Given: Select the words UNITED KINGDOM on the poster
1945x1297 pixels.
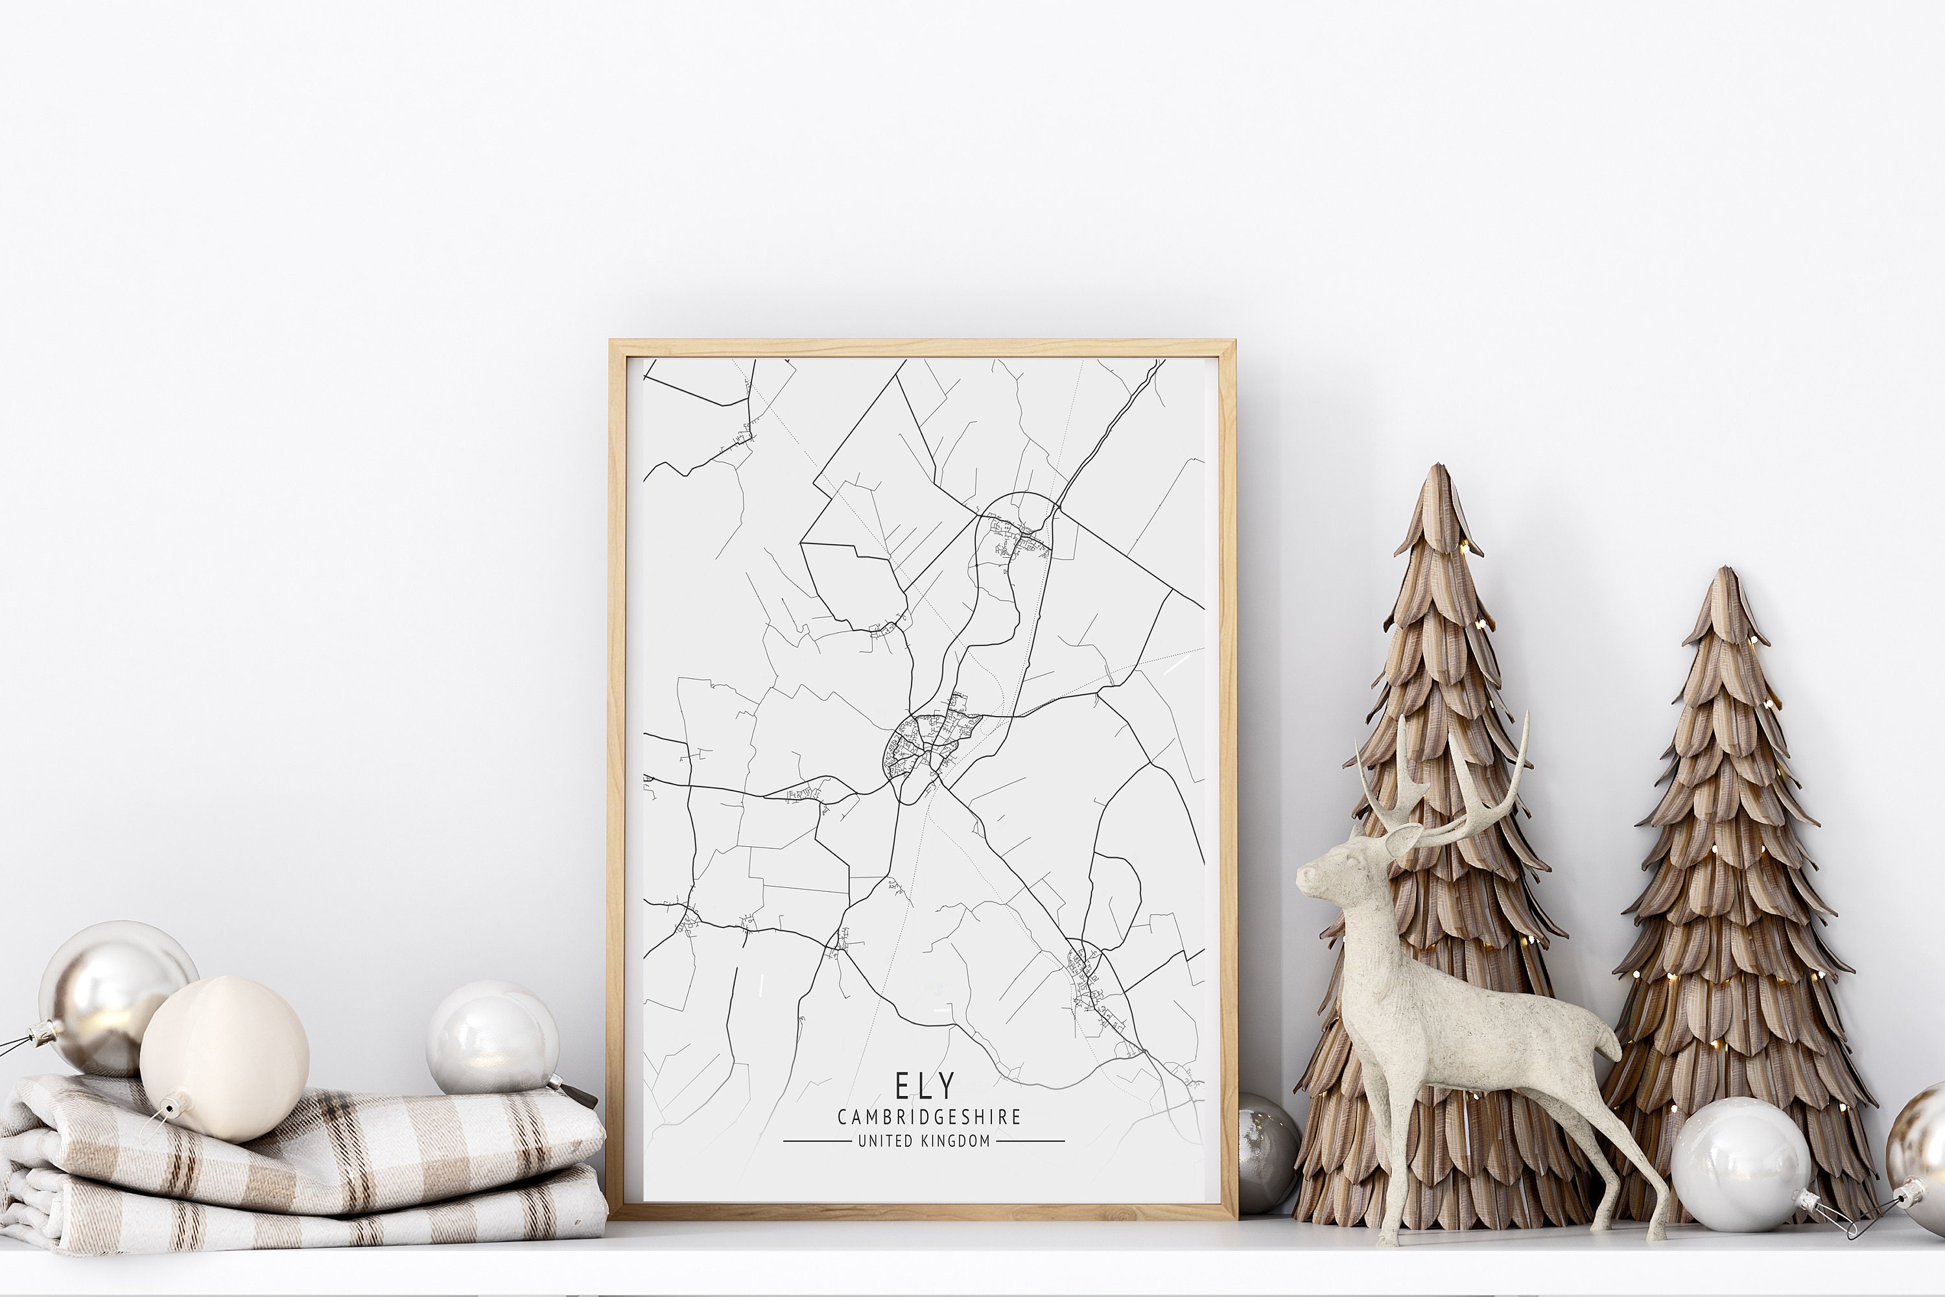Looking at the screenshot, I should (x=924, y=1141).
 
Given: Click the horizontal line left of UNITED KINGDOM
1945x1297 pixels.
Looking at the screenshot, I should (x=816, y=1141).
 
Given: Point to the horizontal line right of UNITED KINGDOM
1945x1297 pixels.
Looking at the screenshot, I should (x=1030, y=1141).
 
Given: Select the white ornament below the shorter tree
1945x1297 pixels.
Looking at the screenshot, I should (x=1738, y=1164).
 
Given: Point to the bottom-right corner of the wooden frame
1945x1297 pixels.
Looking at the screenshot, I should (x=1234, y=1216).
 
